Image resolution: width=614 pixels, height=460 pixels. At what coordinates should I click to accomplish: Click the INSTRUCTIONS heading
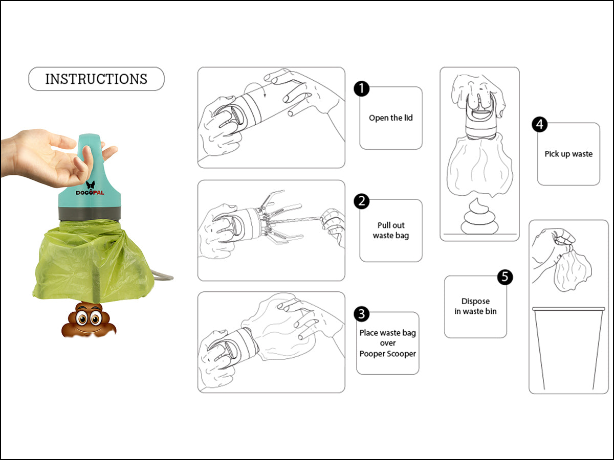click(x=96, y=79)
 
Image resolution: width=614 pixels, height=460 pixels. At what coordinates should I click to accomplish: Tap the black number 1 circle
click(x=361, y=89)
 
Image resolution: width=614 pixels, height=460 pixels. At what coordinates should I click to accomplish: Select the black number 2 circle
click(x=361, y=201)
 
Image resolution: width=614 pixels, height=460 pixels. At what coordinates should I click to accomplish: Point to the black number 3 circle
click(x=361, y=314)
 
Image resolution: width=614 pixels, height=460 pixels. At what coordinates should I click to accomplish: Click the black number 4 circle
click(x=540, y=125)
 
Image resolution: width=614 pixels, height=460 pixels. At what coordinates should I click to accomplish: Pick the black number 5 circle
click(x=505, y=277)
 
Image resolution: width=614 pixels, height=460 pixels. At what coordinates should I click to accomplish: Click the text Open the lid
click(x=391, y=118)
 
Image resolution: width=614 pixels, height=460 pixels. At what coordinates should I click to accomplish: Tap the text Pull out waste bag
click(x=391, y=231)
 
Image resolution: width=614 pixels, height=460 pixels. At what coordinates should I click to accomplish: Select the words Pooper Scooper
click(x=388, y=354)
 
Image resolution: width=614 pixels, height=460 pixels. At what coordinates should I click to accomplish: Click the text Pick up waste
click(x=568, y=154)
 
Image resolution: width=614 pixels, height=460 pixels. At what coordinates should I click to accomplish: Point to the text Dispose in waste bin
click(x=475, y=306)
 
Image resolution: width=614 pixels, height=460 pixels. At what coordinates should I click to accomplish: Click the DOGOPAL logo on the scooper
click(x=90, y=189)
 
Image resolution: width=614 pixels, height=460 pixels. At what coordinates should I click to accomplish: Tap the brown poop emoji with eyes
click(x=89, y=319)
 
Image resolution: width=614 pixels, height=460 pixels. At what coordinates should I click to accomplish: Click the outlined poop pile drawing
click(x=479, y=216)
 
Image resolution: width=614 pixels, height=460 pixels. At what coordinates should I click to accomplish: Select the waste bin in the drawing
click(x=568, y=348)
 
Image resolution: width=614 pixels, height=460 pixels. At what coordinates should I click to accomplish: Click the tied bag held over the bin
click(x=573, y=270)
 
